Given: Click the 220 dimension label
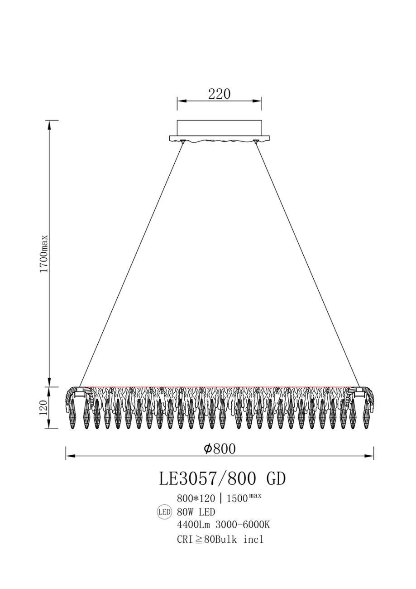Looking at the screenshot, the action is click(219, 94).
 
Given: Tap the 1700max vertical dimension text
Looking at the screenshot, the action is click(43, 253).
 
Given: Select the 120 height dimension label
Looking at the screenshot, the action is click(43, 408).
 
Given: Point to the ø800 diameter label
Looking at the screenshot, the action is click(220, 449).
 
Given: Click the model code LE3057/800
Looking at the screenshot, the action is click(207, 479).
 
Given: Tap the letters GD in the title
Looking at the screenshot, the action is click(276, 479).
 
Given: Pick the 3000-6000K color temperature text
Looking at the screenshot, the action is click(243, 525).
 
